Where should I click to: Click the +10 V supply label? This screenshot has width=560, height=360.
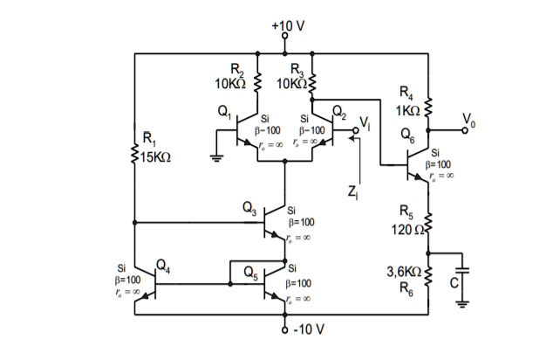(x=287, y=24)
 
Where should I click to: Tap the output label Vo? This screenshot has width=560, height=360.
(x=469, y=120)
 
